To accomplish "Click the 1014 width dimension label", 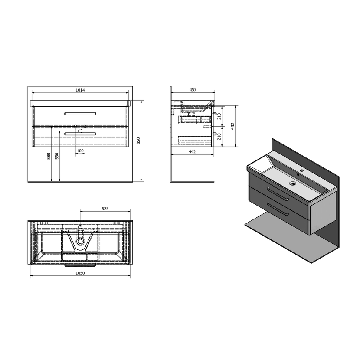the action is tap(80, 90).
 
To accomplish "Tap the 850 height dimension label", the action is tap(138, 141).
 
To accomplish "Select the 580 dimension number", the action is tap(49, 156).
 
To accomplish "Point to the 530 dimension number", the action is tap(57, 156).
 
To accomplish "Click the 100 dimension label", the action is tap(80, 151).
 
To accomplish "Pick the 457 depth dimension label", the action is tap(193, 90).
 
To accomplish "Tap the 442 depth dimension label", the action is tap(192, 152).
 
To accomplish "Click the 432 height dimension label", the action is tap(232, 126).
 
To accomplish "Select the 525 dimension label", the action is tap(105, 209).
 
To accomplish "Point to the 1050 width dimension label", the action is tap(80, 273).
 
